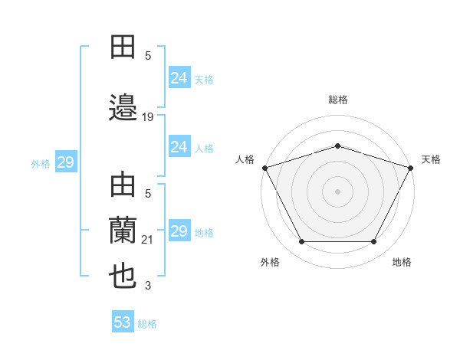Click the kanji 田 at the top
pyautogui.click(x=123, y=47)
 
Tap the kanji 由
pyautogui.click(x=123, y=186)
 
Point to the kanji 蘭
pyautogui.click(x=123, y=230)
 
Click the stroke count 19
pyautogui.click(x=148, y=116)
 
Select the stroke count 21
pyautogui.click(x=148, y=241)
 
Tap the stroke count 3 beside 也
pyautogui.click(x=148, y=286)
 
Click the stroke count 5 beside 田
pyautogui.click(x=148, y=56)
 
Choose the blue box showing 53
pyautogui.click(x=123, y=322)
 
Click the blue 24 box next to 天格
pyautogui.click(x=179, y=78)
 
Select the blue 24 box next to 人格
pyautogui.click(x=179, y=147)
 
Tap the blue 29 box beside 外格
pyautogui.click(x=65, y=162)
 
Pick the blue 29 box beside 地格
pyautogui.click(x=179, y=231)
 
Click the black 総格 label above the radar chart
pyautogui.click(x=337, y=100)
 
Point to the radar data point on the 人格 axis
pyautogui.click(x=264, y=167)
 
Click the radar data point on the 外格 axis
pyautogui.click(x=301, y=242)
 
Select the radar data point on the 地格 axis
pyautogui.click(x=373, y=242)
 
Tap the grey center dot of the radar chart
pyautogui.click(x=337, y=191)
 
